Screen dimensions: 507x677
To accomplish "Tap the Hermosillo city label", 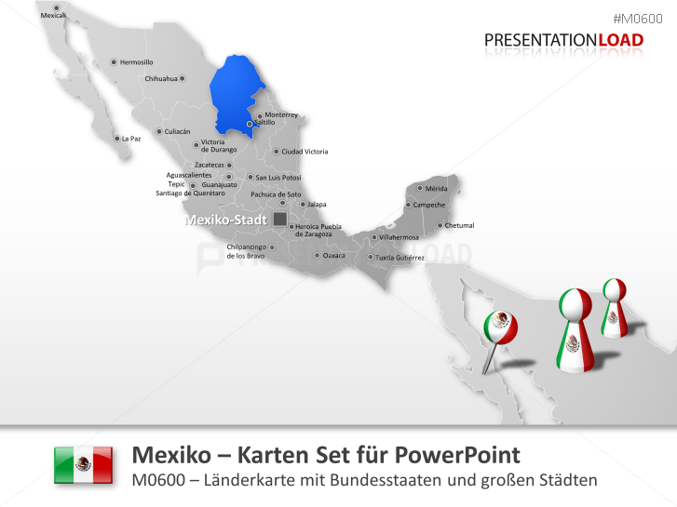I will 136,62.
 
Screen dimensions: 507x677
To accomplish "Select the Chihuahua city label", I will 160,79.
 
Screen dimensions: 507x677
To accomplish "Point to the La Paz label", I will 131,139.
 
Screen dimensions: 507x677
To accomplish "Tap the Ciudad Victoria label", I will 305,152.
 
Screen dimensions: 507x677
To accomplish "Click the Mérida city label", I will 436,189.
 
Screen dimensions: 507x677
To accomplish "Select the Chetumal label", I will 460,225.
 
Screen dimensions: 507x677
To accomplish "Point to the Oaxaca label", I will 333,255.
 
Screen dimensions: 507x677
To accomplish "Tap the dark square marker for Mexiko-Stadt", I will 279,220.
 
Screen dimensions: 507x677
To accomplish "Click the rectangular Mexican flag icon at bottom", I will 84,464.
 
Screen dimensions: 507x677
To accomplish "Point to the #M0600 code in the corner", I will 643,19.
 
